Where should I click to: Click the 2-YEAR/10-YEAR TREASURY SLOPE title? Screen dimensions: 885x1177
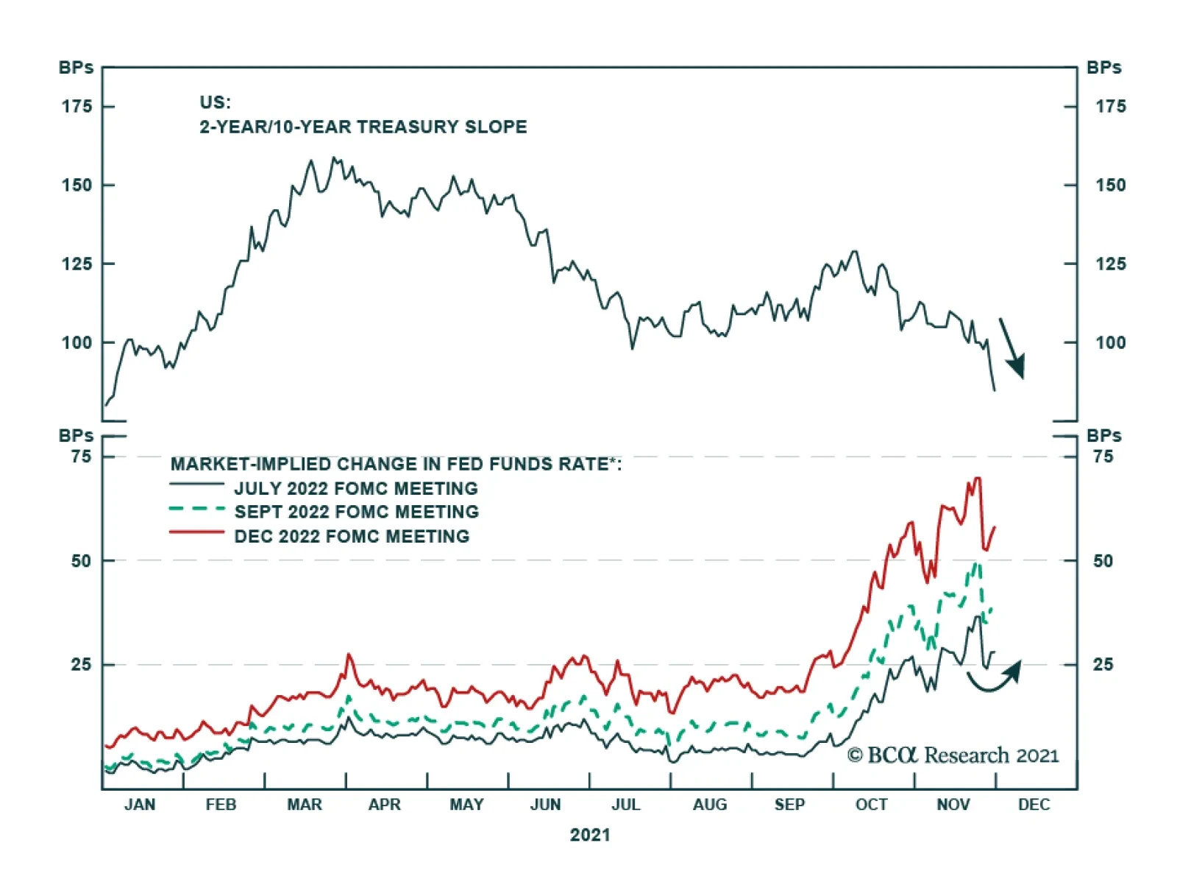tap(363, 127)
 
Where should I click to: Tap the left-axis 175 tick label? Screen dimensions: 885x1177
tap(77, 107)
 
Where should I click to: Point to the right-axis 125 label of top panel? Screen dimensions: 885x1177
tap(1110, 264)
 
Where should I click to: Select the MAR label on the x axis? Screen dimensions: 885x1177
tap(305, 805)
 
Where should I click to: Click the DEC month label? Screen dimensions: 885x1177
tap(1034, 805)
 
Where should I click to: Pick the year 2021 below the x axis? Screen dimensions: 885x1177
tap(590, 835)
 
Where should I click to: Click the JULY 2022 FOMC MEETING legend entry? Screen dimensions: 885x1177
tap(356, 488)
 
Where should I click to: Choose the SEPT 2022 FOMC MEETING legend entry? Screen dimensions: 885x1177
tap(356, 512)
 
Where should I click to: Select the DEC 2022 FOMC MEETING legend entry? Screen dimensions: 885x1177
tap(352, 536)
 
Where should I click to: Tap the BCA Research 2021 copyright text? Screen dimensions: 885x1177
tap(953, 755)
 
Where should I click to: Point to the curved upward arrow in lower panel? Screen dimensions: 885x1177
tap(995, 677)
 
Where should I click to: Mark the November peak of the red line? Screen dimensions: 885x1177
tap(977, 479)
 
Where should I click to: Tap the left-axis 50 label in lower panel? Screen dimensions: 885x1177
tap(82, 561)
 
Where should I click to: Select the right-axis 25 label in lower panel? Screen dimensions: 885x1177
tap(1103, 665)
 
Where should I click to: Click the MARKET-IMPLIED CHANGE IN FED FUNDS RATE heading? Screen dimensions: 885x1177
tap(396, 464)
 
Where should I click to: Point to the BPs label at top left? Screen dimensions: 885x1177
tap(76, 68)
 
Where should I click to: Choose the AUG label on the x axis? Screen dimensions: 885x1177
tap(710, 805)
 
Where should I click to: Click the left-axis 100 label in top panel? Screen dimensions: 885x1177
tap(77, 342)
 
